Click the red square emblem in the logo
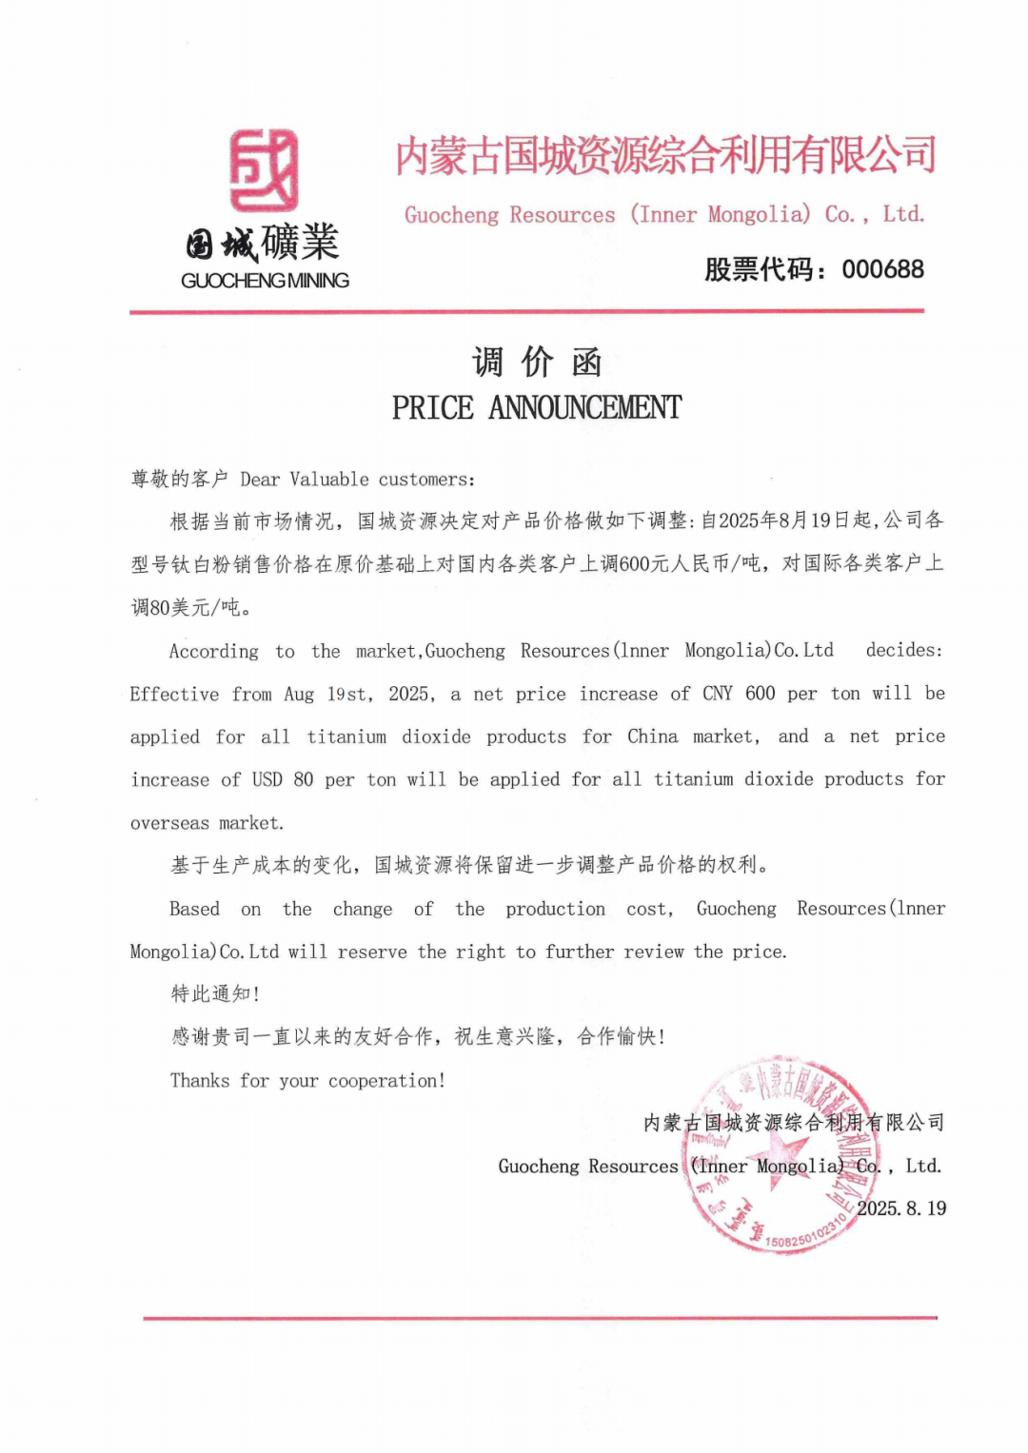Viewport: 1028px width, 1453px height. [x=264, y=170]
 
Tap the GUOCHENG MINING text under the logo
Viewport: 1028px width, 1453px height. [x=265, y=281]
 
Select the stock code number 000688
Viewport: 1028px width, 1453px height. [x=882, y=269]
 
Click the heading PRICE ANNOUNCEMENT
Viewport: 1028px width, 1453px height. [x=537, y=408]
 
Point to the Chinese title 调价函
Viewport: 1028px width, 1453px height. [x=537, y=363]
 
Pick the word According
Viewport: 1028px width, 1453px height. [x=213, y=651]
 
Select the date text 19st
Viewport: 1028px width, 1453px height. [x=348, y=694]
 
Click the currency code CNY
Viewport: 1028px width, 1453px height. [x=718, y=693]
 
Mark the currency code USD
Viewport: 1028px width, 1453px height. [x=267, y=779]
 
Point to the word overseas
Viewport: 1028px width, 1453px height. [x=169, y=823]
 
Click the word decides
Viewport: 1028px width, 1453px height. [x=903, y=650]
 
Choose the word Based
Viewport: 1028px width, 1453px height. [x=194, y=909]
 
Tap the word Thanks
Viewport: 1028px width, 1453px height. [x=200, y=1080]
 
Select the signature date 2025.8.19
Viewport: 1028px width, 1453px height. [x=900, y=1208]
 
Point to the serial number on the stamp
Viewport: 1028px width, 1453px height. [x=805, y=1233]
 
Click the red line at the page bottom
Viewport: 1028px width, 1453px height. [x=540, y=1318]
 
